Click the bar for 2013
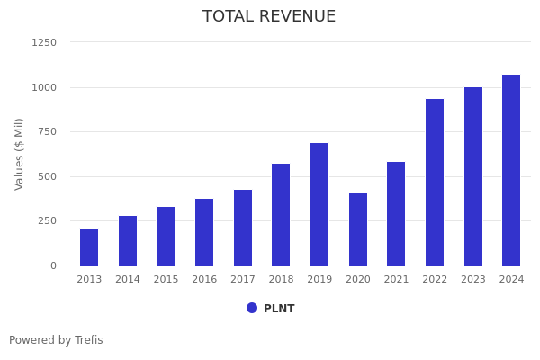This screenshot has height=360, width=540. pyautogui.click(x=89, y=247)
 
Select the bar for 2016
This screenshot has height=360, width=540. pyautogui.click(x=204, y=232)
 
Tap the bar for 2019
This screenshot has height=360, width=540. pyautogui.click(x=319, y=204)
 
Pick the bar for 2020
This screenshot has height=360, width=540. pyautogui.click(x=358, y=229)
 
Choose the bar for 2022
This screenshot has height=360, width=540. pyautogui.click(x=435, y=183)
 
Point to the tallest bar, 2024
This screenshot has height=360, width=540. pyautogui.click(x=511, y=170)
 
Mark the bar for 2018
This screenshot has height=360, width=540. pyautogui.click(x=281, y=215)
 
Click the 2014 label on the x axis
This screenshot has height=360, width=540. pyautogui.click(x=128, y=280)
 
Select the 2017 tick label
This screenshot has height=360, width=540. pyautogui.click(x=243, y=280)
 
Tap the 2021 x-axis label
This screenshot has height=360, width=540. pyautogui.click(x=396, y=280)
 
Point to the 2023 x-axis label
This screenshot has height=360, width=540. pyautogui.click(x=473, y=280)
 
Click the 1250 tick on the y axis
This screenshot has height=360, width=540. pyautogui.click(x=44, y=42)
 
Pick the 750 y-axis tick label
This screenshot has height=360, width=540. pyautogui.click(x=47, y=131)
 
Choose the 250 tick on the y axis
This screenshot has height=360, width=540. pyautogui.click(x=47, y=220)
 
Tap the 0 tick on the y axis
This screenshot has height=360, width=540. pyautogui.click(x=53, y=265)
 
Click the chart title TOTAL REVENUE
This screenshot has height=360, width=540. pyautogui.click(x=269, y=17)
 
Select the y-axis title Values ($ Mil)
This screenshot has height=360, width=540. pyautogui.click(x=20, y=154)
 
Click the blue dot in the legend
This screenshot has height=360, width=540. pyautogui.click(x=252, y=308)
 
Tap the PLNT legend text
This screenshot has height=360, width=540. pyautogui.click(x=279, y=309)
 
